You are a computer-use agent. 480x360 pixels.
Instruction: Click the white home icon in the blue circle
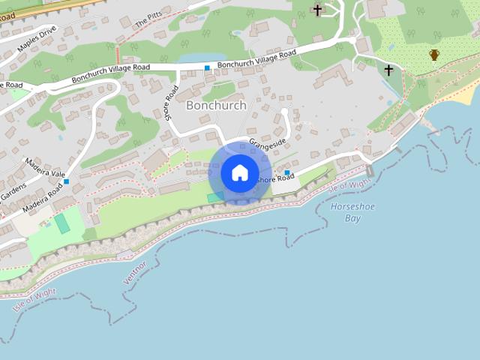click(x=239, y=172)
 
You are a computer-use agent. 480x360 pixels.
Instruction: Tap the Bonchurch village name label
click(x=215, y=106)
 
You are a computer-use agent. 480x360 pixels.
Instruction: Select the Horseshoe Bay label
click(x=346, y=212)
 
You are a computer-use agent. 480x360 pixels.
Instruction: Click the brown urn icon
click(x=434, y=55)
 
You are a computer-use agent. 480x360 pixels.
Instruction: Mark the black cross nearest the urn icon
click(x=388, y=70)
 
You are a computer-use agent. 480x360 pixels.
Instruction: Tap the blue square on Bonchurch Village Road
click(x=207, y=68)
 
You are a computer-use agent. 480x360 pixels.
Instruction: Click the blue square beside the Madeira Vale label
click(x=67, y=181)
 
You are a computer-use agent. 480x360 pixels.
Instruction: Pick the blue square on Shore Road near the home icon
click(x=287, y=173)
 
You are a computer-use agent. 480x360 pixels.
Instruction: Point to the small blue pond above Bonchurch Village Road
click(x=202, y=58)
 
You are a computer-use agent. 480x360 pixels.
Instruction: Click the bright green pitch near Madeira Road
click(x=61, y=223)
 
